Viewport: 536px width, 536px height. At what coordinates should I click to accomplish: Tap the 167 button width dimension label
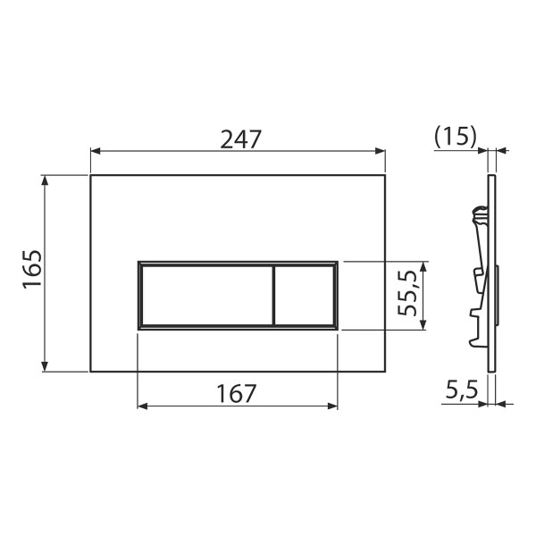point(237,392)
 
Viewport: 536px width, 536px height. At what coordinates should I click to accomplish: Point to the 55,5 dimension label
point(410,296)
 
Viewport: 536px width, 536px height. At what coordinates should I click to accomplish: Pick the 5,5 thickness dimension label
point(460,389)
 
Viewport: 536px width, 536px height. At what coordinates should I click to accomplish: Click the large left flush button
point(205,296)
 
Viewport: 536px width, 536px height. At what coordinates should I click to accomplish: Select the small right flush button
point(303,296)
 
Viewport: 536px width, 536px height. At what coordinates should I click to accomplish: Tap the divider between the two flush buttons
point(272,296)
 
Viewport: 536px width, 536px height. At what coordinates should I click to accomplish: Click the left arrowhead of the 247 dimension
point(95,152)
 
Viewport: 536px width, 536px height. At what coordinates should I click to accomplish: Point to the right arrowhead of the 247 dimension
point(381,152)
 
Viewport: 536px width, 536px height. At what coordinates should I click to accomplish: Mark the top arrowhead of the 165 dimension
point(45,180)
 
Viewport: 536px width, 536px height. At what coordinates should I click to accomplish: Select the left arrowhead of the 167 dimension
point(142,406)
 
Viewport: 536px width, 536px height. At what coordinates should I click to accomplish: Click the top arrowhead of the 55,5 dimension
point(424,266)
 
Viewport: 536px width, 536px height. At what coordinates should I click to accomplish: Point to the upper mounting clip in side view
point(480,215)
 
